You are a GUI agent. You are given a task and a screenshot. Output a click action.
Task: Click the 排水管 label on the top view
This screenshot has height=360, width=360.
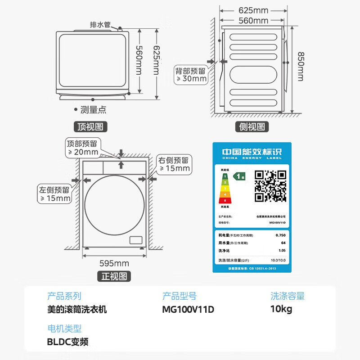click(x=100, y=25)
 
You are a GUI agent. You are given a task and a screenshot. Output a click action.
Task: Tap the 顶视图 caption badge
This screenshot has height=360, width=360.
click(x=90, y=126)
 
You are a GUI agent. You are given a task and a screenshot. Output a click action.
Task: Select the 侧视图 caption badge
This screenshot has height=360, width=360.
click(x=252, y=126)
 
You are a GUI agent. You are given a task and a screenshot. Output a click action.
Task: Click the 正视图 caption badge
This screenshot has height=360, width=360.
click(x=114, y=276)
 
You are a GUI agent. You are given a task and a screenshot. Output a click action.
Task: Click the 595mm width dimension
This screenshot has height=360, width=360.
click(x=114, y=263)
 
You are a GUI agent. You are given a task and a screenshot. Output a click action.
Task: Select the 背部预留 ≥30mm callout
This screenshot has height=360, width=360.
click(x=191, y=75)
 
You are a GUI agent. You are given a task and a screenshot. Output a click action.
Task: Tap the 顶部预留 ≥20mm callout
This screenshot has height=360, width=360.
click(x=83, y=148)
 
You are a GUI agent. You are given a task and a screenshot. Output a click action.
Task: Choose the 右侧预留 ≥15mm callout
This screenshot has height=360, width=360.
click(x=174, y=164)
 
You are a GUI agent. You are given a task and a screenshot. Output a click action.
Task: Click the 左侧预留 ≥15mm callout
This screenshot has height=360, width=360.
click(x=55, y=194)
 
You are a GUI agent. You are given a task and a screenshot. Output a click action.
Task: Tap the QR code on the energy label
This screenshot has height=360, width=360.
click(x=270, y=185)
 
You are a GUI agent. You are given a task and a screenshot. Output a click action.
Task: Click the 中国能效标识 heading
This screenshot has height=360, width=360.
click(x=252, y=152)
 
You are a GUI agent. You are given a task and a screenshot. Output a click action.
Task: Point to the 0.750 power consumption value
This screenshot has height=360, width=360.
click(x=280, y=235)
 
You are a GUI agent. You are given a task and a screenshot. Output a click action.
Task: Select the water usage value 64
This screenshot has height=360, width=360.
click(x=283, y=243)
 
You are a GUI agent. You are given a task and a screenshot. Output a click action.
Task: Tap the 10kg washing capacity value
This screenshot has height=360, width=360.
click(x=281, y=309)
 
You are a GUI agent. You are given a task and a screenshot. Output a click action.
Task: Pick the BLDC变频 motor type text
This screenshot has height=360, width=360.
click(x=67, y=342)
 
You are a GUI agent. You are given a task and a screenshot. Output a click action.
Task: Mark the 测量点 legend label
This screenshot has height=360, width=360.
click(x=93, y=109)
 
